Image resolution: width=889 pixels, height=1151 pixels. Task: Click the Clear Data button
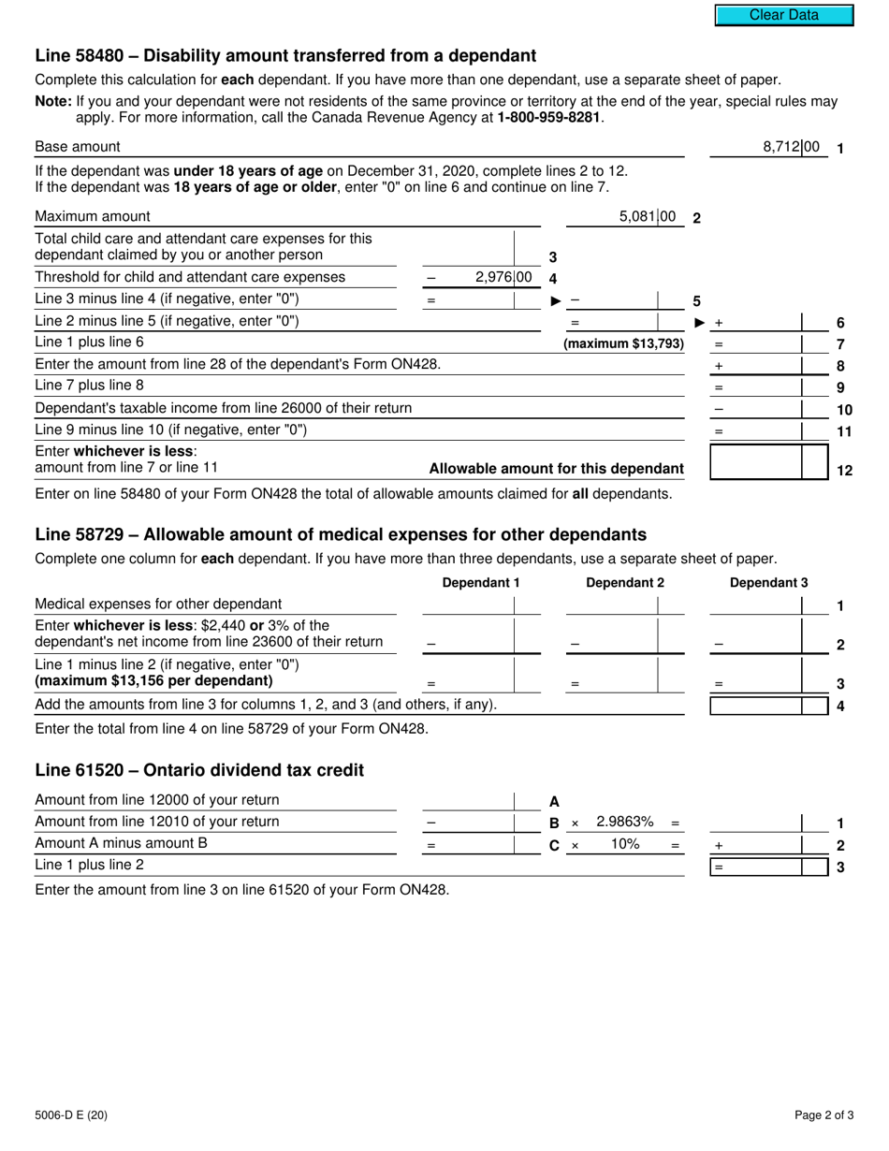[784, 15]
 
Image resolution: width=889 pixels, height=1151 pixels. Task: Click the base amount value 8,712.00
[791, 147]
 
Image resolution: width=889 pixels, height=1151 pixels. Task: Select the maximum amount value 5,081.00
[648, 217]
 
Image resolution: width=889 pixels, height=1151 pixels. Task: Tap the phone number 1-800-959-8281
[549, 118]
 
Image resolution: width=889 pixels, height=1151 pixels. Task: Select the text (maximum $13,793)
[623, 343]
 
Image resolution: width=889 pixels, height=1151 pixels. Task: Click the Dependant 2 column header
[624, 583]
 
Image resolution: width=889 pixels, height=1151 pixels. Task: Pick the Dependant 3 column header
[768, 583]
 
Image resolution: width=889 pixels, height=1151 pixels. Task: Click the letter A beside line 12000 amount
[554, 801]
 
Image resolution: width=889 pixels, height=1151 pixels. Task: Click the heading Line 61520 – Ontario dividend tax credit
[199, 770]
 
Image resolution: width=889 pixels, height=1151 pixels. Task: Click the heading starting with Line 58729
[341, 534]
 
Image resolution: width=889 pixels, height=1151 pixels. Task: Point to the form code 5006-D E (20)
[71, 1115]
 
